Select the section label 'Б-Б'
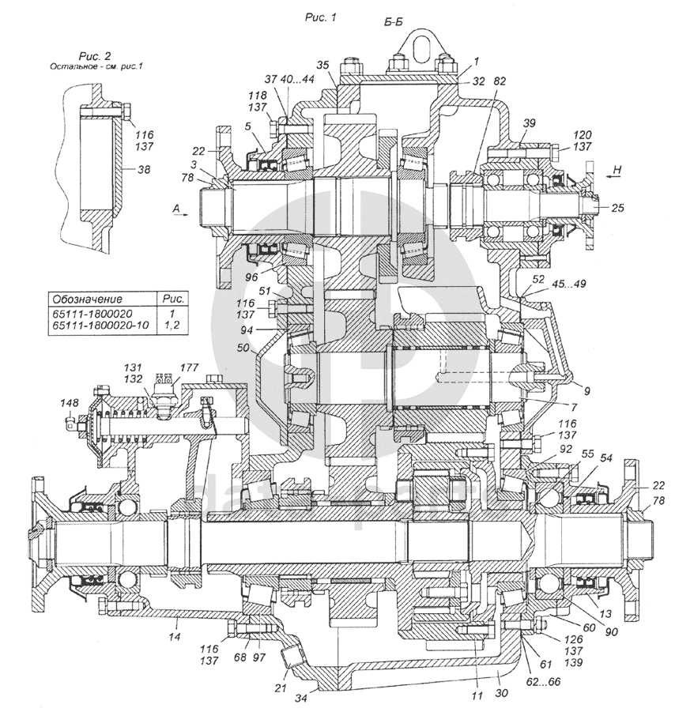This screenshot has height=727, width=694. pos(395,24)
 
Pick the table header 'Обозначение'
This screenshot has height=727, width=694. pos(85,299)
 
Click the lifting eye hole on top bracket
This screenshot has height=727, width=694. pos(418,40)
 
